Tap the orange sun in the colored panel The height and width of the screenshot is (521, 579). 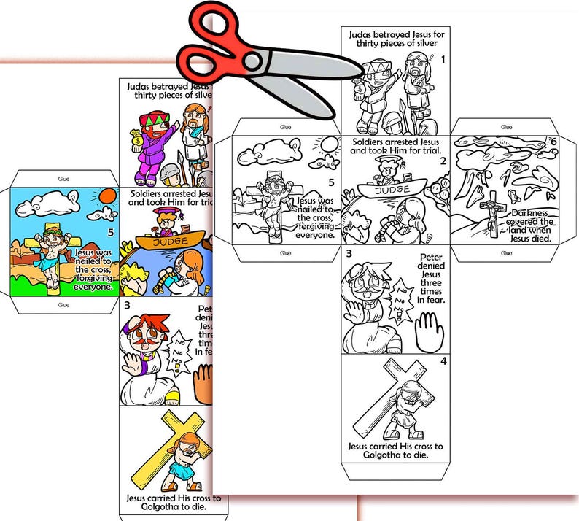[x=107, y=196]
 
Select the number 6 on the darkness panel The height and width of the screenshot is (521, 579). [x=553, y=142]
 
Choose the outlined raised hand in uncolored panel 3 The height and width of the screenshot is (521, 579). [x=430, y=330]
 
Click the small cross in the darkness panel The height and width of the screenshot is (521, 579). [x=492, y=208]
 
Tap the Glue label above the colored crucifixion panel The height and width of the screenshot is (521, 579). [x=63, y=177]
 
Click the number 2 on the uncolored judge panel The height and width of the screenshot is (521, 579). [x=442, y=161]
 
